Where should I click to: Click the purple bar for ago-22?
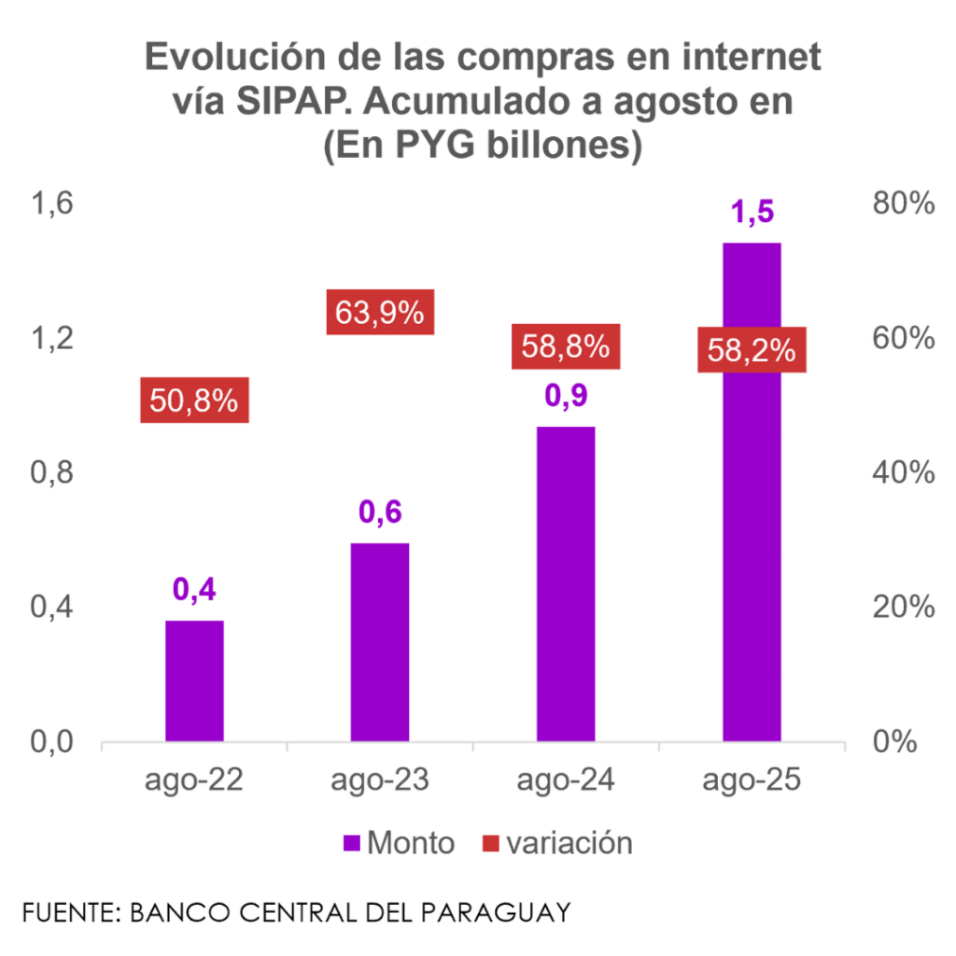195,680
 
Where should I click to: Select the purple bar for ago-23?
380,640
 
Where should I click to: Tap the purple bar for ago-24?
566,583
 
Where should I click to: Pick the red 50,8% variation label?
195,401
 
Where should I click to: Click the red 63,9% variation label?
380,313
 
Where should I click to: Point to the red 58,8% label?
566,347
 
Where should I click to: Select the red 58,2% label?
752,351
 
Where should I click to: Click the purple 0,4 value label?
195,590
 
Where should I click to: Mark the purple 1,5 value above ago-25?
752,213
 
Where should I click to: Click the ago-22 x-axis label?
195,780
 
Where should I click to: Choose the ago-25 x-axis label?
752,780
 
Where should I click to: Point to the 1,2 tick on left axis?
53,339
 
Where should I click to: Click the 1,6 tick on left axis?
53,205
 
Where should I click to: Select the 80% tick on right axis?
902,205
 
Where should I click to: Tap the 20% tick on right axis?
902,608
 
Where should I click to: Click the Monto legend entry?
400,843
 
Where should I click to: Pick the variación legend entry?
557,843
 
